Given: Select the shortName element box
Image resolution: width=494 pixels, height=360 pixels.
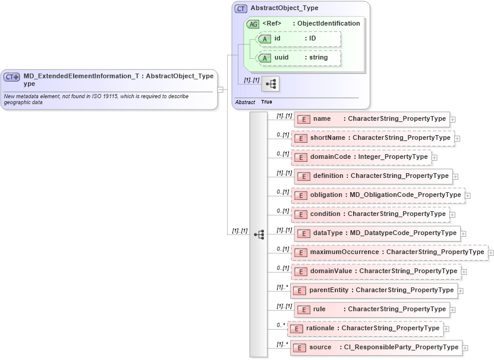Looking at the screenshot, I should coord(373,138).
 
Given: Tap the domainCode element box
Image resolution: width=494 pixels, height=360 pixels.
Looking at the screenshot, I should coord(361,157).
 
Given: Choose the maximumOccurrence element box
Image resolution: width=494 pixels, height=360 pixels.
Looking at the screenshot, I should coord(389,252).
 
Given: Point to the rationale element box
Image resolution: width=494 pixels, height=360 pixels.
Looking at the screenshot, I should coord(366,328).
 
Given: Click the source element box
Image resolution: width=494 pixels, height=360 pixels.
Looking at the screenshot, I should coord(376,348).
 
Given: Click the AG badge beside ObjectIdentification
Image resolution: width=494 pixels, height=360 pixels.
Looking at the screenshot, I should coord(253,24).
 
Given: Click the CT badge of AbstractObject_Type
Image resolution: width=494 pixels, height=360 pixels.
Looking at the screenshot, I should coord(241,8).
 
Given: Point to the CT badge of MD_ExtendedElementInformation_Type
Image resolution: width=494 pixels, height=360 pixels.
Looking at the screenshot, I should coord(12,77).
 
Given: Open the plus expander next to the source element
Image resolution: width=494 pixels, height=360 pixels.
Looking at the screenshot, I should coord(465,348).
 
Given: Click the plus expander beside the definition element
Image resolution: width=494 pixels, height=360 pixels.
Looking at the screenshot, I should coord(455,177).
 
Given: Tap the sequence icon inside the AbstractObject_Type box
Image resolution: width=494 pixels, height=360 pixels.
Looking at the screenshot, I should coord(270,84).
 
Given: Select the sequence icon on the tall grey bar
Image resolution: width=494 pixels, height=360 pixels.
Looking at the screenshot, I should coord(259,234).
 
